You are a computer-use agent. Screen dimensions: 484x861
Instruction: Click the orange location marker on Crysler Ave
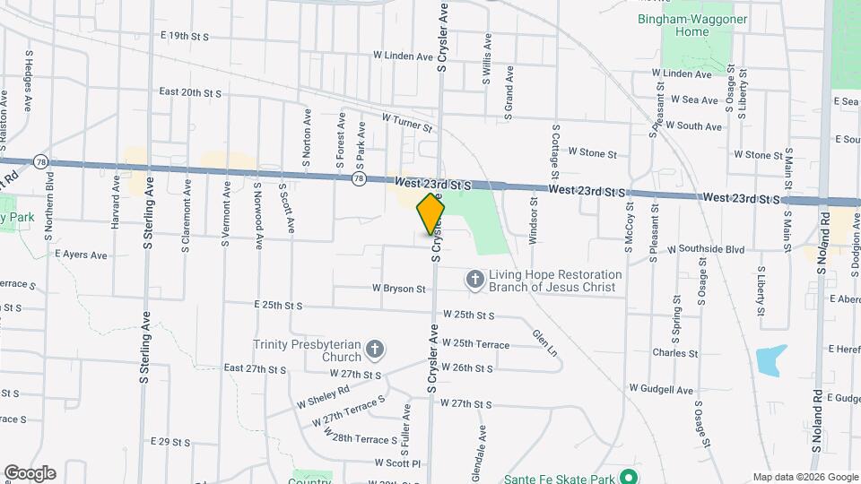430,216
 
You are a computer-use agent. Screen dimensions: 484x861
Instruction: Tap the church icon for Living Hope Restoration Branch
474,281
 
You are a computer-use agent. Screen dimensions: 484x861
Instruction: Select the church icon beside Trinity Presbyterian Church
375,349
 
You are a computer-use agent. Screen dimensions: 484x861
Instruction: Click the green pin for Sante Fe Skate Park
631,478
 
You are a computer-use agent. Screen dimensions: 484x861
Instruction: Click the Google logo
30,472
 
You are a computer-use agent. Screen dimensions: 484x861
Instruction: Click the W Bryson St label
399,289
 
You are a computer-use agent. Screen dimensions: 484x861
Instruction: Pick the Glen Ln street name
544,342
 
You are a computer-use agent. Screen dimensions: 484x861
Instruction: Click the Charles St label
675,352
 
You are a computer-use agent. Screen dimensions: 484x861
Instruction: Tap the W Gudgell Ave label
661,390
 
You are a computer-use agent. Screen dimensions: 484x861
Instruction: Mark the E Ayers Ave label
81,255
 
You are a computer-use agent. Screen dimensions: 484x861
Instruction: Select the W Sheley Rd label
325,396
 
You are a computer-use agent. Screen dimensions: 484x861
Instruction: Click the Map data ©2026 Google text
804,477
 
